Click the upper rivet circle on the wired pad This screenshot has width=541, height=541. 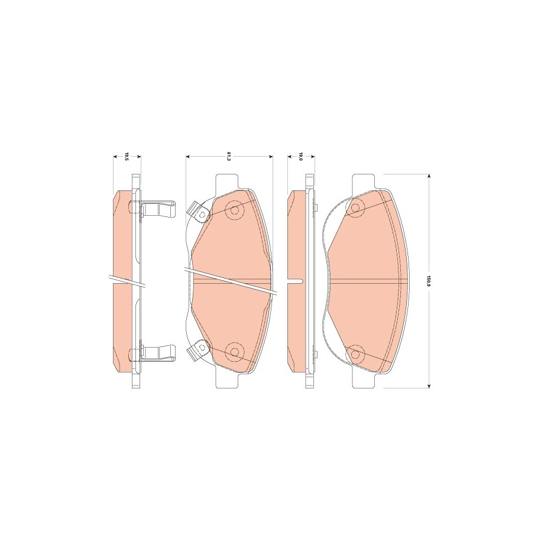coord(235,210)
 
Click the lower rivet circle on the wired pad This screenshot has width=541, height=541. coord(235,352)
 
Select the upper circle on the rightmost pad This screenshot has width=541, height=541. coord(355,208)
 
